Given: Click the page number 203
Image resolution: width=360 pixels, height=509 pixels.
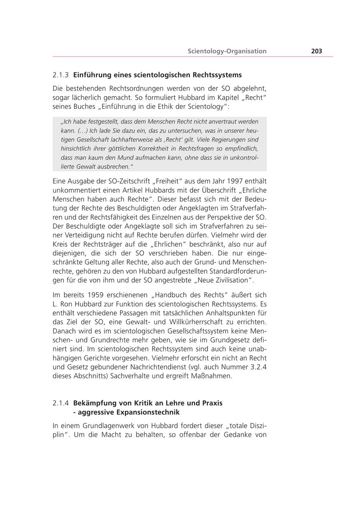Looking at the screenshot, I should tap(316, 51).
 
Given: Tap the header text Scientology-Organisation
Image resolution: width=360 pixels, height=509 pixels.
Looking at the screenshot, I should tap(227, 51).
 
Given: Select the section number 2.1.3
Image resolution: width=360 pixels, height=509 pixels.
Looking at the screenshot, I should tap(61, 75).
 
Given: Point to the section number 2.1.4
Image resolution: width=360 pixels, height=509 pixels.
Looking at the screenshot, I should tap(61, 403).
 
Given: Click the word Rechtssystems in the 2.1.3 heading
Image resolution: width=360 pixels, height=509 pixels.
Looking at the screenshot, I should tap(217, 75).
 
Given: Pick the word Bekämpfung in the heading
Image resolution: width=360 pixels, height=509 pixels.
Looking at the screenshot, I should tap(93, 403).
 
